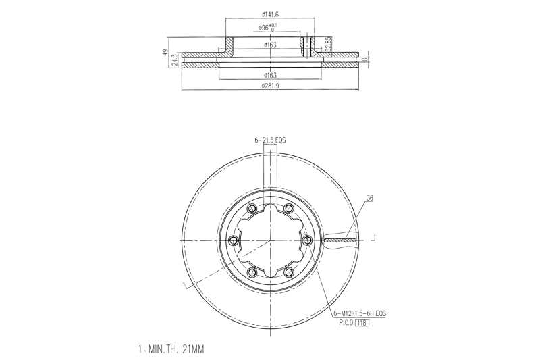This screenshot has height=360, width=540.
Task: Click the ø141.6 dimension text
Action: [270, 13]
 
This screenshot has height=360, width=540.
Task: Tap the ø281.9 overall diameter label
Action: [270, 86]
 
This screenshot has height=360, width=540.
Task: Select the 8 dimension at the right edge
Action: [364, 59]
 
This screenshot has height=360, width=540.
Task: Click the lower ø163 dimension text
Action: [270, 74]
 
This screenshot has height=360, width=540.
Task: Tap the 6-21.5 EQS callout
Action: [270, 140]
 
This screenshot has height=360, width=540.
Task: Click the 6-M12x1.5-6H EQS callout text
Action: [359, 314]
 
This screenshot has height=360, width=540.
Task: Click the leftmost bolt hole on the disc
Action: [234, 240]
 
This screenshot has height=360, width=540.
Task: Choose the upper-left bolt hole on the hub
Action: [252, 209]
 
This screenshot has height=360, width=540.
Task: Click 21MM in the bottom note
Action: [192, 349]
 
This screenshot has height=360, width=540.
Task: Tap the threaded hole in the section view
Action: [306, 47]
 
